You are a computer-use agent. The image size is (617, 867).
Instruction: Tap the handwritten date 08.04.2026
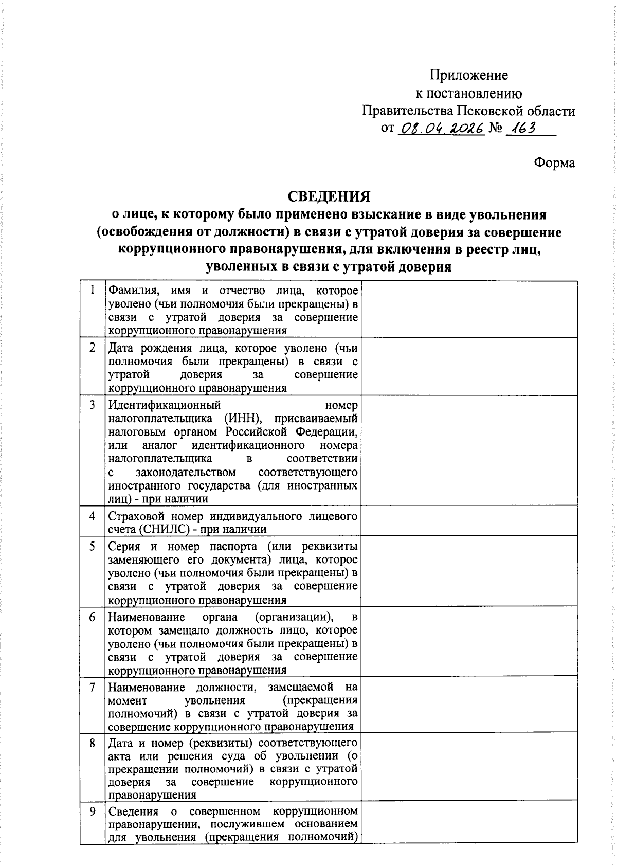(x=441, y=129)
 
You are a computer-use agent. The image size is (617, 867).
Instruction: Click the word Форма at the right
(x=554, y=163)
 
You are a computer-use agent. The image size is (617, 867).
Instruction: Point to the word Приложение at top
(x=468, y=76)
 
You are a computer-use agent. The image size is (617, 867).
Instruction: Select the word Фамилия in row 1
(x=130, y=291)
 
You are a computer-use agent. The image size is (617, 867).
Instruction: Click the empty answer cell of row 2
(x=469, y=367)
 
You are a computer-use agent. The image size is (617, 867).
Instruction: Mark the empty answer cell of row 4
(x=469, y=521)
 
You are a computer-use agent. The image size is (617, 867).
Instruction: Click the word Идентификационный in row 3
(x=165, y=405)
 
